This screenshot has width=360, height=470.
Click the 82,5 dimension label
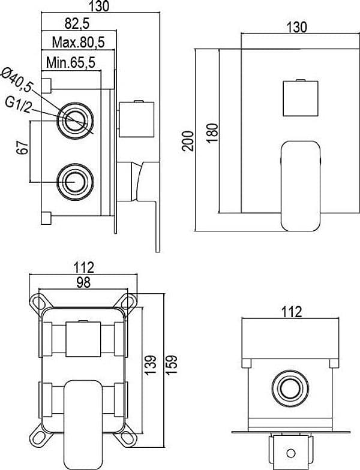[x=77, y=24]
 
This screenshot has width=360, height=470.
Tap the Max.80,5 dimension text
[x=78, y=42]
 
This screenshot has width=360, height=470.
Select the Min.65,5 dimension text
[x=71, y=62]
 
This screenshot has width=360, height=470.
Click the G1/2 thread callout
[x=18, y=106]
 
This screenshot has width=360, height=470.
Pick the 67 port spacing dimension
[x=24, y=147]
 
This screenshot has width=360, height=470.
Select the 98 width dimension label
[x=83, y=282]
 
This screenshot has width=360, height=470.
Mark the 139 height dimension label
[x=150, y=364]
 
